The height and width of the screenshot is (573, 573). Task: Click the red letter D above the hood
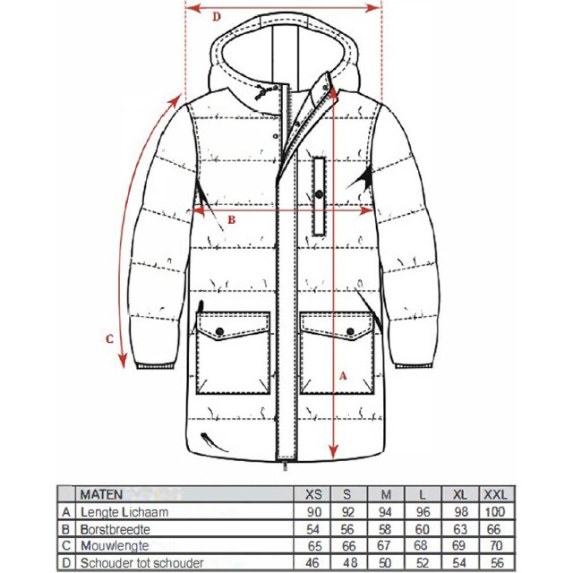[217, 17]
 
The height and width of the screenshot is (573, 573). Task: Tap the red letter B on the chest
[231, 219]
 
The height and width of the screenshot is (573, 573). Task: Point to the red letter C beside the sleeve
[109, 339]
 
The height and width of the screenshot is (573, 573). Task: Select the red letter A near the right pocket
[343, 376]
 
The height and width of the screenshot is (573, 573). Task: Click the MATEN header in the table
[101, 495]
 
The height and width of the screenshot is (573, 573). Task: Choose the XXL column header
[495, 495]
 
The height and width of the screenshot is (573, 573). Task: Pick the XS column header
[313, 495]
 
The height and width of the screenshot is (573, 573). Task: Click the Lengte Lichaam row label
[124, 512]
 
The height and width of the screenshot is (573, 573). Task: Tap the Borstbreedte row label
[115, 529]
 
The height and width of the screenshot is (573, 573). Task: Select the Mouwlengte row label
[115, 545]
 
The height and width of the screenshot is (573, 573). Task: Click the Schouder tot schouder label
[141, 563]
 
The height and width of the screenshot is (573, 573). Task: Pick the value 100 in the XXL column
[495, 511]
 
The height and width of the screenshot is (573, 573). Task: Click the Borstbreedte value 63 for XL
[460, 529]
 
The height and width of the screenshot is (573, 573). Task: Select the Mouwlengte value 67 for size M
[384, 545]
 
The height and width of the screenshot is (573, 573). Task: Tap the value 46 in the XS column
[312, 563]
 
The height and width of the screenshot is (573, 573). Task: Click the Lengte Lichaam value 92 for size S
[348, 512]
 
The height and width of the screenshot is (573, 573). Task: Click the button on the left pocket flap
[219, 331]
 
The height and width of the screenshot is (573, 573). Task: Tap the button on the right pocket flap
[350, 331]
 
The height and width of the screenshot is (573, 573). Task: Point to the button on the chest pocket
[319, 194]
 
